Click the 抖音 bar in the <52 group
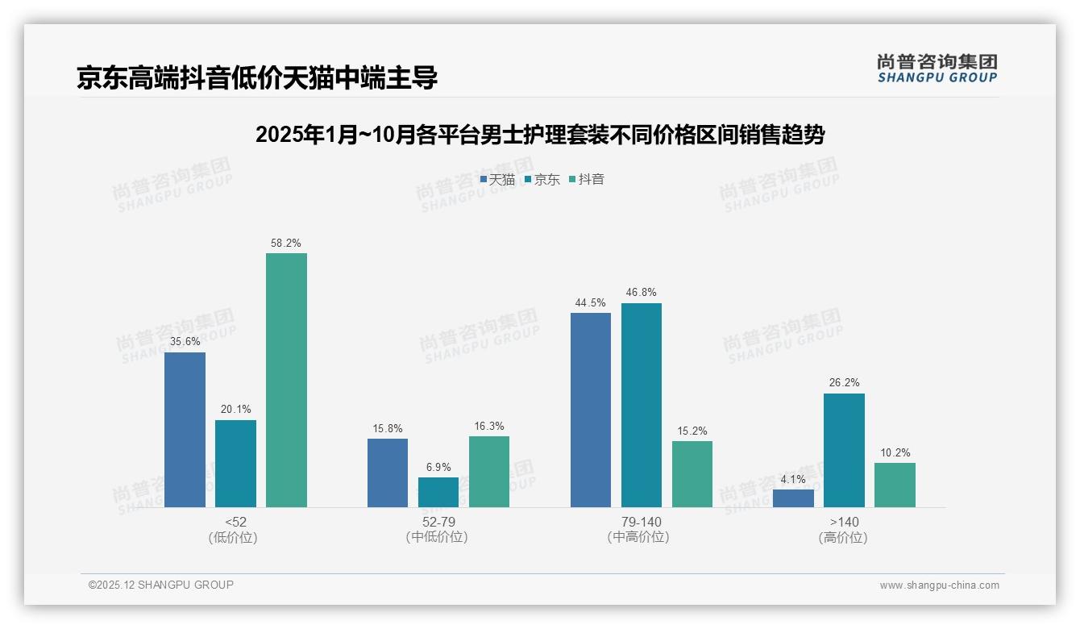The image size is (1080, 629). click(x=286, y=380)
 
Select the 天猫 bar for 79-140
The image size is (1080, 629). click(x=591, y=410)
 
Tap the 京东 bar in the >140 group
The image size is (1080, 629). click(x=844, y=450)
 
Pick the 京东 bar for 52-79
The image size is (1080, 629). click(x=438, y=492)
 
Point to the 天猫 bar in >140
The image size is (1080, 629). click(x=793, y=498)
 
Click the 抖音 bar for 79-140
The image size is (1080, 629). click(x=692, y=474)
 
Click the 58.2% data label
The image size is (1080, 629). click(x=286, y=243)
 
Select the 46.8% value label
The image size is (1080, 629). click(x=642, y=293)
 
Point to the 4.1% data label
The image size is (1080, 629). click(x=793, y=479)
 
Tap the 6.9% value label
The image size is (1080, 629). click(x=438, y=467)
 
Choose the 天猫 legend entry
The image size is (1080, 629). click(x=497, y=179)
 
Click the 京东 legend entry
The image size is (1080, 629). click(x=542, y=179)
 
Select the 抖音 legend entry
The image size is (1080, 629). click(x=587, y=179)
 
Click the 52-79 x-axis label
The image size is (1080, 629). click(x=438, y=522)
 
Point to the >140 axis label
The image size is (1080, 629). click(x=844, y=522)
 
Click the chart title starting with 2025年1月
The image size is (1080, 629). click(x=539, y=135)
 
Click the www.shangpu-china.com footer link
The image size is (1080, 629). click(x=939, y=585)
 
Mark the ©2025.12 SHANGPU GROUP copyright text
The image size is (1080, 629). click(x=161, y=585)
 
